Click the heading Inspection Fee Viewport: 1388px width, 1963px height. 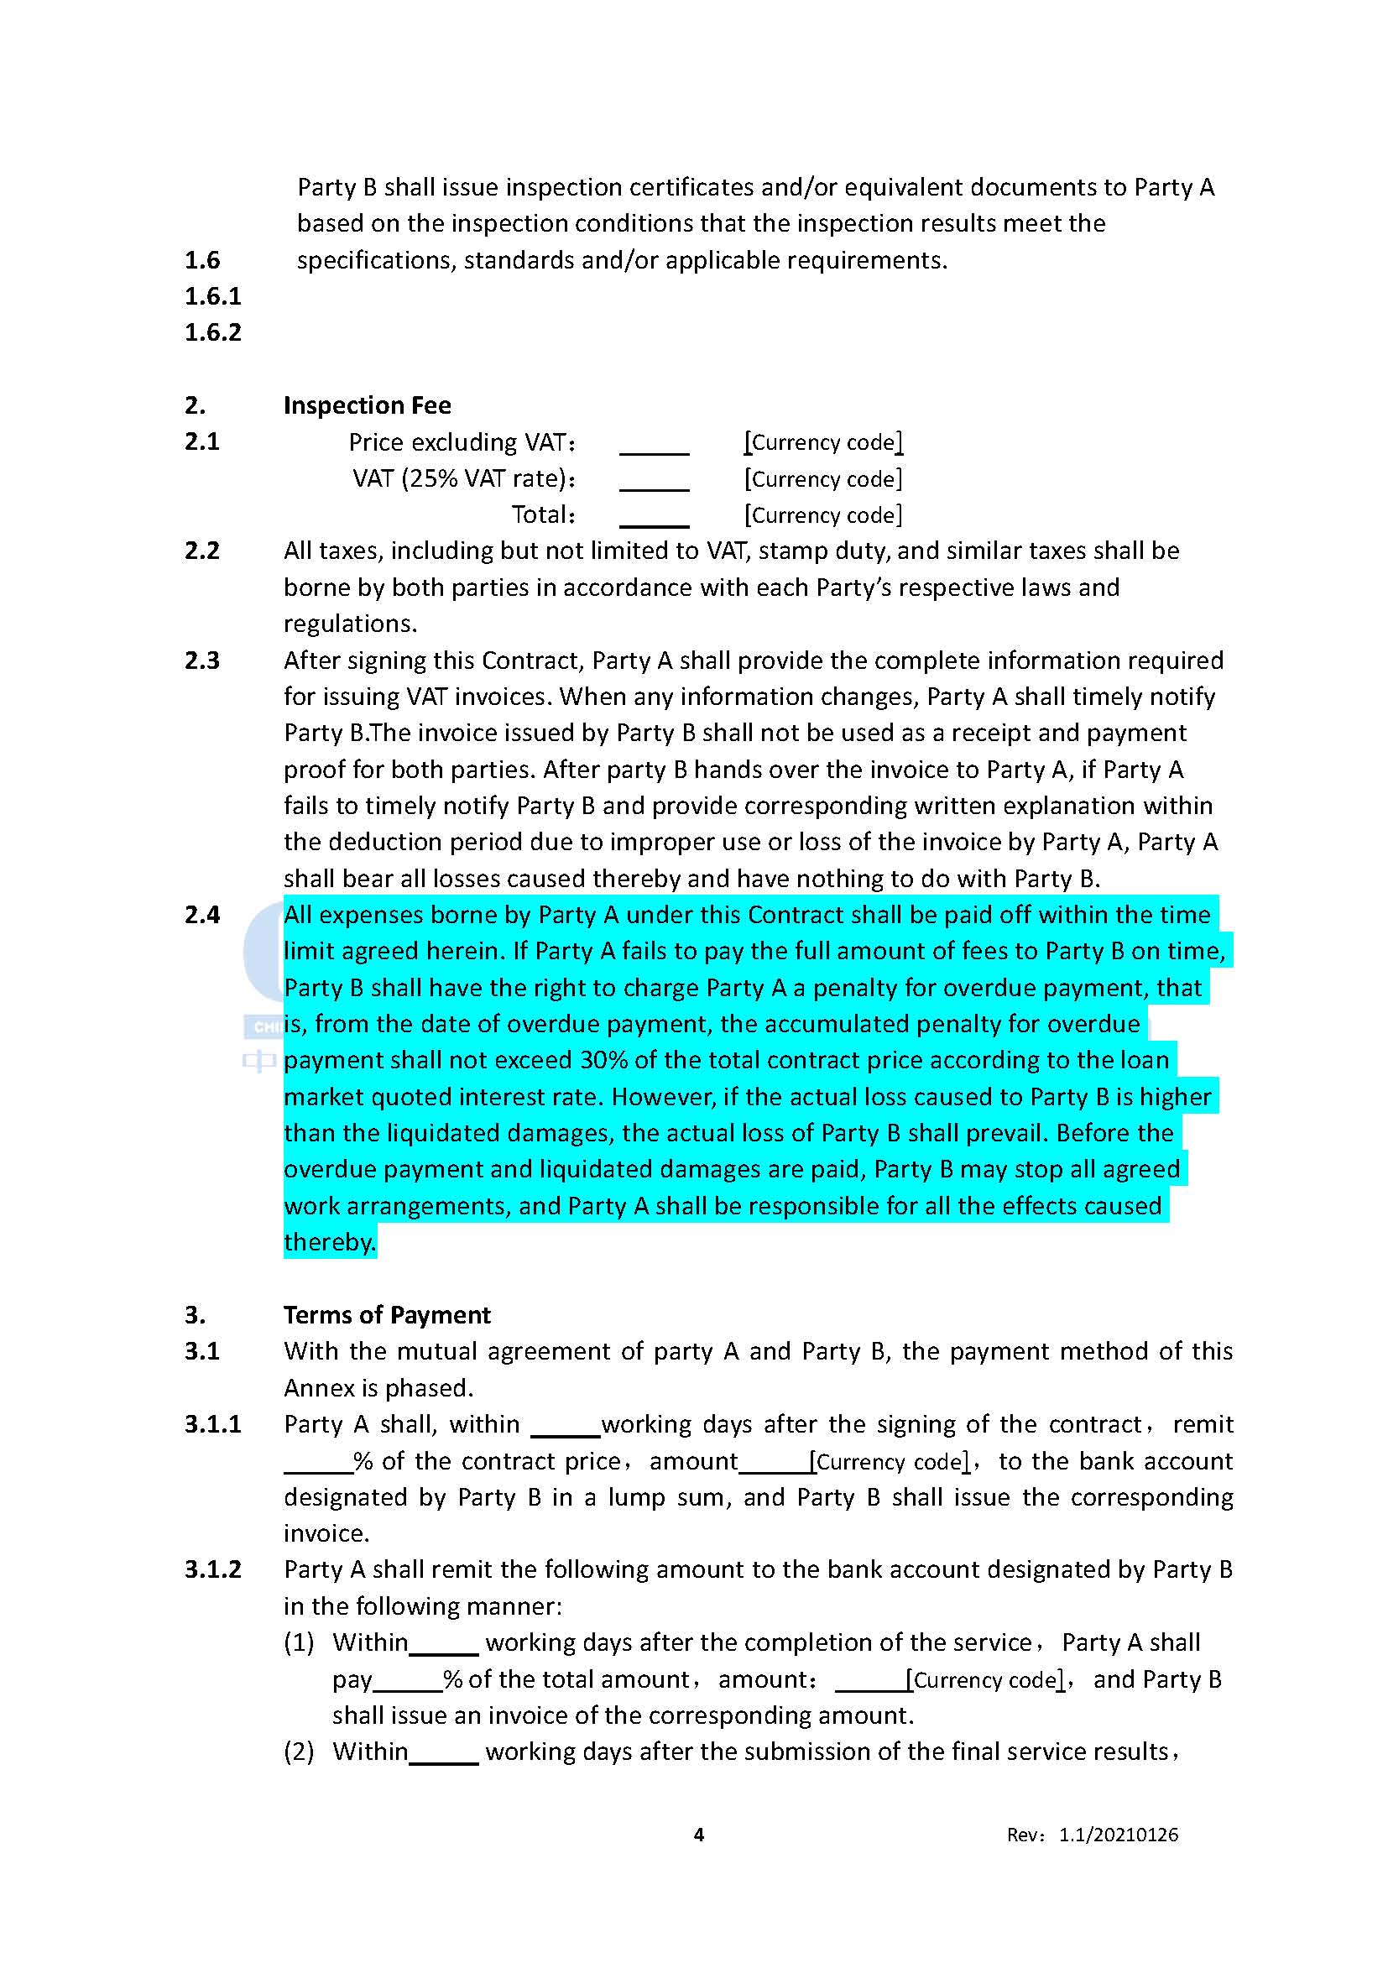pyautogui.click(x=367, y=405)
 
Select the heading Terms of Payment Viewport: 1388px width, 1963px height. pyautogui.click(x=386, y=1315)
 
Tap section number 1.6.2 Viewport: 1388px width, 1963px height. pyautogui.click(x=213, y=332)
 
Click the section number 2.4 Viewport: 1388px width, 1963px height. pyautogui.click(x=201, y=915)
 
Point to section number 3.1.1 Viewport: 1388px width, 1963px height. pyautogui.click(x=213, y=1424)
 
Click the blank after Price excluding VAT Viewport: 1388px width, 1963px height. pyautogui.click(x=654, y=445)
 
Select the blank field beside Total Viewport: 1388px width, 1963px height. pyautogui.click(x=654, y=517)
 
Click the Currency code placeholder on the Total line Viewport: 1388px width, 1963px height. pyautogui.click(x=823, y=515)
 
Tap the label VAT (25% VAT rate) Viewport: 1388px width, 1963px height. pyautogui.click(x=463, y=478)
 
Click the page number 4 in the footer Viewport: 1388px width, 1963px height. pyautogui.click(x=698, y=1834)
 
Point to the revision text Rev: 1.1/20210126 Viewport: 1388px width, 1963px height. pyautogui.click(x=1092, y=1835)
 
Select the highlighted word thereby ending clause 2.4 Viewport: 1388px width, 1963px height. pyautogui.click(x=329, y=1242)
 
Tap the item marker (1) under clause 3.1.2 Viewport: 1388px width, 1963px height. pyautogui.click(x=299, y=1642)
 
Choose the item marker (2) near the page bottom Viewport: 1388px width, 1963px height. pyautogui.click(x=299, y=1752)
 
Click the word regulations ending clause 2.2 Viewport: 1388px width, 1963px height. pyautogui.click(x=350, y=624)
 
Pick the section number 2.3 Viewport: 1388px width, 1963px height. pyautogui.click(x=201, y=660)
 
